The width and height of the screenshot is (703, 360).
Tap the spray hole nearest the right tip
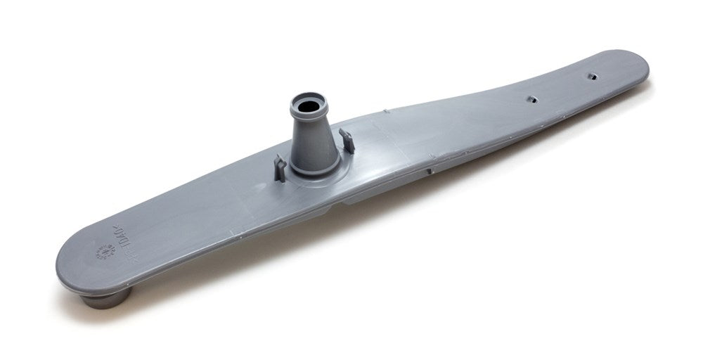(x=591, y=73)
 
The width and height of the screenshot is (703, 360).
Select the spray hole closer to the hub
(x=532, y=100)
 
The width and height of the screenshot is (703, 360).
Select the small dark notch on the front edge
(x=428, y=170)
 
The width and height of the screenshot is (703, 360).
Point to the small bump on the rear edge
(x=387, y=110)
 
